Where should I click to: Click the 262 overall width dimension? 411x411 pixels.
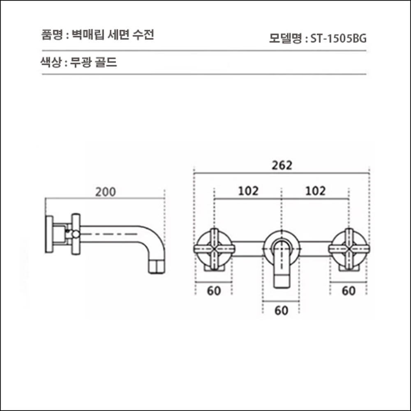coord(282,165)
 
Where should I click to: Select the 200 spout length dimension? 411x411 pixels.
coord(106,192)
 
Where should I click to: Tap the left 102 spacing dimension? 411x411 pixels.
coord(248,191)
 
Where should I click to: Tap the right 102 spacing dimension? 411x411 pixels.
coord(315,191)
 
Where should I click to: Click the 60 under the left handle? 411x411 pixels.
coord(214,291)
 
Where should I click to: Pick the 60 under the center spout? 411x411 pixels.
coord(281,311)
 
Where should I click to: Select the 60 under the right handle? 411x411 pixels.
coord(349,291)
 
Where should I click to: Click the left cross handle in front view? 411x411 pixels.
coord(214,249)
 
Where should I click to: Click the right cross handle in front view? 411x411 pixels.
coord(349,249)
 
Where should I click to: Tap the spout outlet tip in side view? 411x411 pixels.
coord(156,267)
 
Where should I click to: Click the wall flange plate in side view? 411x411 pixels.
coord(49,234)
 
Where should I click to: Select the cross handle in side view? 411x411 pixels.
coord(75,234)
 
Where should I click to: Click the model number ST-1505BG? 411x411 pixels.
coord(338,39)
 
